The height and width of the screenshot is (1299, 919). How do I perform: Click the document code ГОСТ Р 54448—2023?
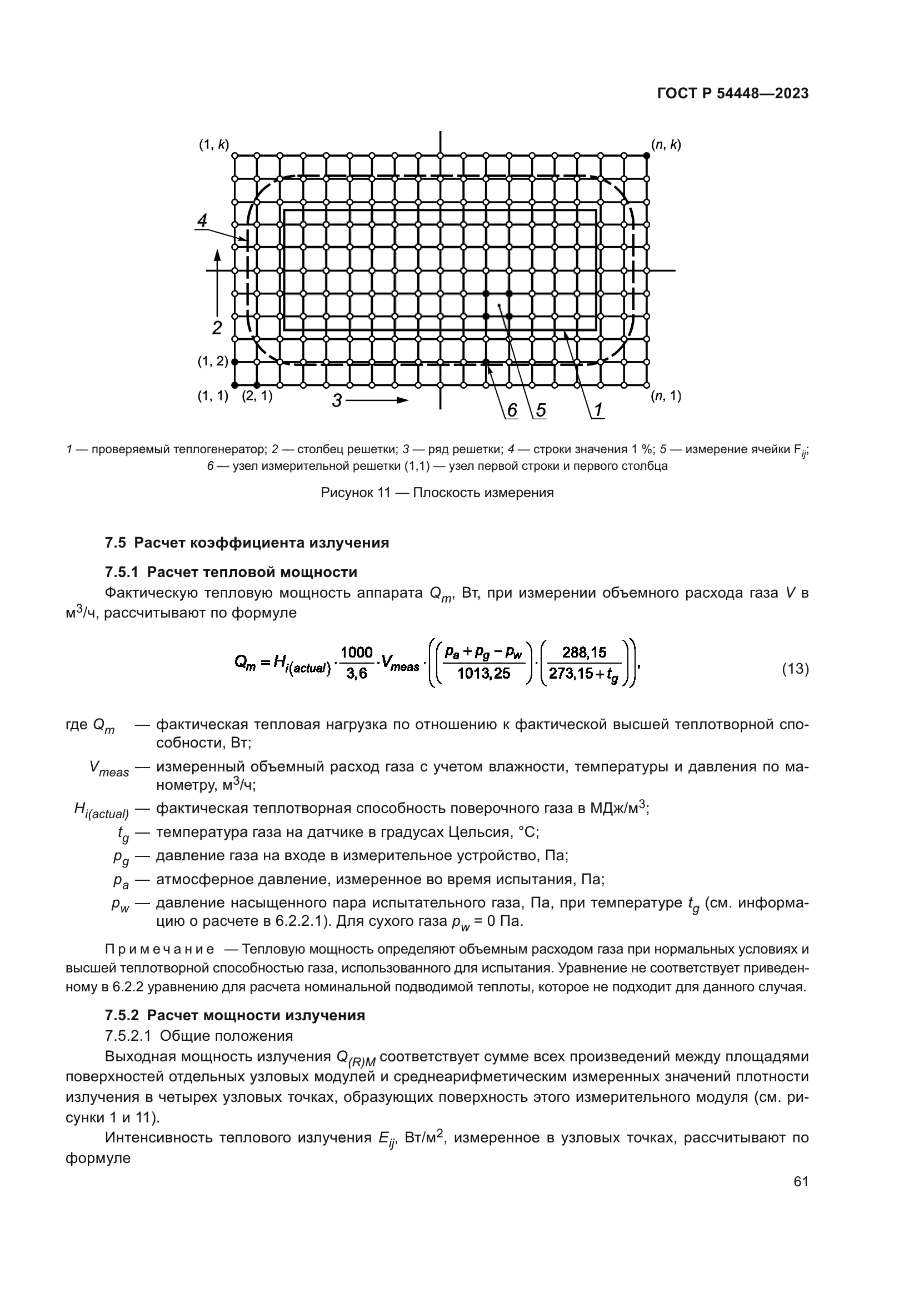[733, 94]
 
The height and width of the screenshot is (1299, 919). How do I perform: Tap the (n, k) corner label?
[666, 144]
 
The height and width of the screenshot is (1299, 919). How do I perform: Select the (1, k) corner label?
[213, 144]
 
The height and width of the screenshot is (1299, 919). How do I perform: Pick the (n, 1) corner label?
[666, 396]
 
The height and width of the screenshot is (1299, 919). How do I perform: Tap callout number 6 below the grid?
[512, 410]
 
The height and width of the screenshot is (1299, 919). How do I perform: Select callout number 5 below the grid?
[541, 410]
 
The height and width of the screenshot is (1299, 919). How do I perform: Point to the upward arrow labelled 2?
[217, 283]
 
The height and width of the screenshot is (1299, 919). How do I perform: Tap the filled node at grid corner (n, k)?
[646, 155]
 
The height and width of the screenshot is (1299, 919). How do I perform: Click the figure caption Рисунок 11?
[437, 492]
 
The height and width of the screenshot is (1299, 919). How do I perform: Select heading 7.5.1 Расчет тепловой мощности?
[231, 572]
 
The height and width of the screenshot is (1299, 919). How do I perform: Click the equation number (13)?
[795, 669]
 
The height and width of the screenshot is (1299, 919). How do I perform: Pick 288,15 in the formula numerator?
[584, 653]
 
